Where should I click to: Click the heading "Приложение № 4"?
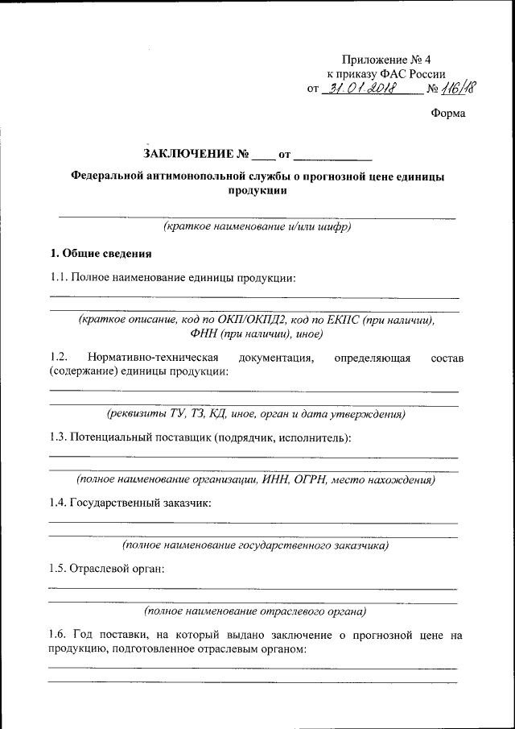392,59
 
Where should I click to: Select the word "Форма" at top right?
448,114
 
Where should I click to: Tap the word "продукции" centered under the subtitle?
257,191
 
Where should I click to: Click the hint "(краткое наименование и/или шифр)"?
257,227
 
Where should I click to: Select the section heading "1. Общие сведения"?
101,255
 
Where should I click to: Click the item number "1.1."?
59,278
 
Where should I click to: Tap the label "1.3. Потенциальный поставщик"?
134,437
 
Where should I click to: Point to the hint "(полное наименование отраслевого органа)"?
254,611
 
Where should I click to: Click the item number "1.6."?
59,635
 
